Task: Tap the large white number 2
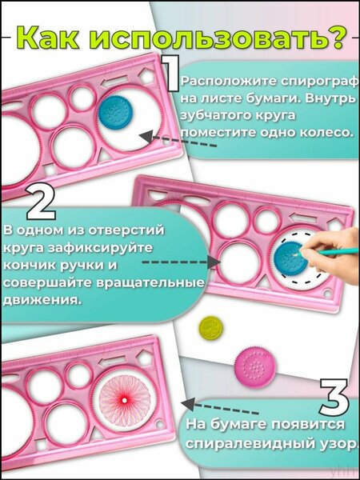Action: coord(42,202)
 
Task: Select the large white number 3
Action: coord(334,397)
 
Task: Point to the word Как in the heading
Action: coord(50,38)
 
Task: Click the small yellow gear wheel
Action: coord(210,327)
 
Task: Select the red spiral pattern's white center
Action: coord(124,401)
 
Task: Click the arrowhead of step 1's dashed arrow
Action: coord(147,137)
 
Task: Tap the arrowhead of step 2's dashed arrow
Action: coord(214,262)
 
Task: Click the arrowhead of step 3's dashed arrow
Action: coord(188,404)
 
